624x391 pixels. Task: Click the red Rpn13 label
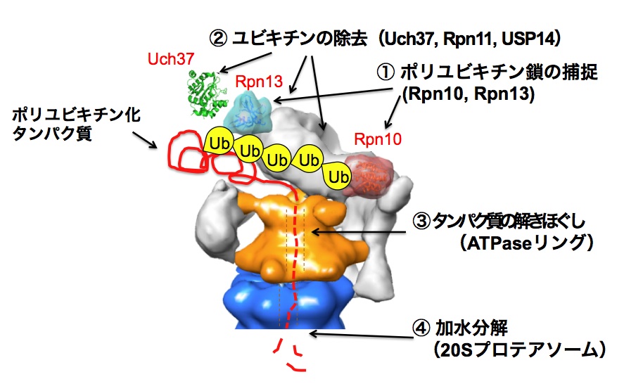(255, 80)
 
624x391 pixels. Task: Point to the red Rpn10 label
(378, 139)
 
